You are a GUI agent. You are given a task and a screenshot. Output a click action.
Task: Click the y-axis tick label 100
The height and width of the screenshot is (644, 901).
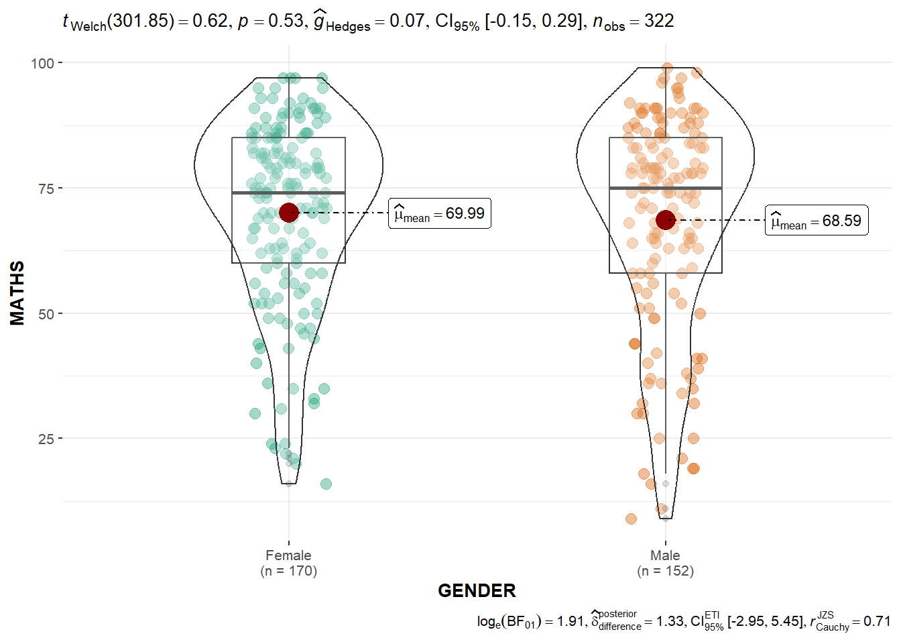tap(42, 63)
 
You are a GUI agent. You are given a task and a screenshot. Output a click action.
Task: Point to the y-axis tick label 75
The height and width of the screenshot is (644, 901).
tap(46, 189)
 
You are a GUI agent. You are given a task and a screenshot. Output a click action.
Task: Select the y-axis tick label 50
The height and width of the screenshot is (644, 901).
tap(46, 314)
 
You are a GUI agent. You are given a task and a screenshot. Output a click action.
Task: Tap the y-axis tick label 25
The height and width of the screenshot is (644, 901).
tap(46, 439)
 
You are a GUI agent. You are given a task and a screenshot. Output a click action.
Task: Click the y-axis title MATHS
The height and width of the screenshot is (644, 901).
tap(17, 293)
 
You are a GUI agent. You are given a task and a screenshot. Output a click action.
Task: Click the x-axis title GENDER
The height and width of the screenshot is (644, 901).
tap(477, 591)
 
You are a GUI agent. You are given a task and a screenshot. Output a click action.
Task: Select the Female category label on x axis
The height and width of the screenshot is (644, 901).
tap(288, 555)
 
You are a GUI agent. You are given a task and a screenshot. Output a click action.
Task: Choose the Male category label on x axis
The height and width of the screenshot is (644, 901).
tap(665, 555)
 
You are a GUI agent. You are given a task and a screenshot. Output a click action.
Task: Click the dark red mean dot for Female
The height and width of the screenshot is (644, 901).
tap(288, 213)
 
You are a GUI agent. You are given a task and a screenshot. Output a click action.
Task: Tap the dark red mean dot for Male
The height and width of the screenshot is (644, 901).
tap(665, 219)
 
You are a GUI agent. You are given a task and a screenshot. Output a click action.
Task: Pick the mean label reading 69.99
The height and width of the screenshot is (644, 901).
tap(440, 213)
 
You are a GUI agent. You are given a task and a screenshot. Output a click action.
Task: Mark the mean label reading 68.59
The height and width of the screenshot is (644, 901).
tap(817, 221)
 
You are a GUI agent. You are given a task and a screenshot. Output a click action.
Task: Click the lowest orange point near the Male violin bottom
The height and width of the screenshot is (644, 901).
tap(631, 519)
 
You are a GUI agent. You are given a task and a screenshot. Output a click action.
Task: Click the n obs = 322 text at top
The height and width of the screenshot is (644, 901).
tap(634, 21)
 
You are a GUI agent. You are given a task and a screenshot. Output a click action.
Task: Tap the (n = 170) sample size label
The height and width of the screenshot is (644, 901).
tap(288, 571)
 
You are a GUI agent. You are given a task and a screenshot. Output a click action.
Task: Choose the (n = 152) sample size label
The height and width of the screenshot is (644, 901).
tap(665, 571)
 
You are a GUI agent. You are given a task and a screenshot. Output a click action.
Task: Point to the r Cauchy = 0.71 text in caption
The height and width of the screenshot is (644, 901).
tap(850, 621)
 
